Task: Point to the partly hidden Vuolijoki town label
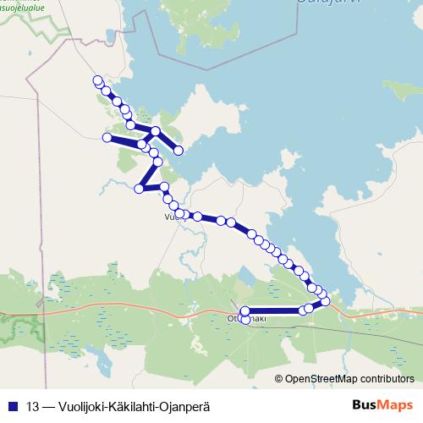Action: [x=171, y=217]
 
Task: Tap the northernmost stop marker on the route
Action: [x=96, y=80]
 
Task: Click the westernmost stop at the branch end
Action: [x=107, y=138]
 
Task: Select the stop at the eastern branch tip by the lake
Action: [x=179, y=150]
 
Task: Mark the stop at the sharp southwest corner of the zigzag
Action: [x=140, y=188]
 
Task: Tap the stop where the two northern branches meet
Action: [x=156, y=131]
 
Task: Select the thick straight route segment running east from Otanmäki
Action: [x=275, y=310]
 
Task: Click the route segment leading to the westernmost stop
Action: [x=124, y=140]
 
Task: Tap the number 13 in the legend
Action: [x=33, y=405]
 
